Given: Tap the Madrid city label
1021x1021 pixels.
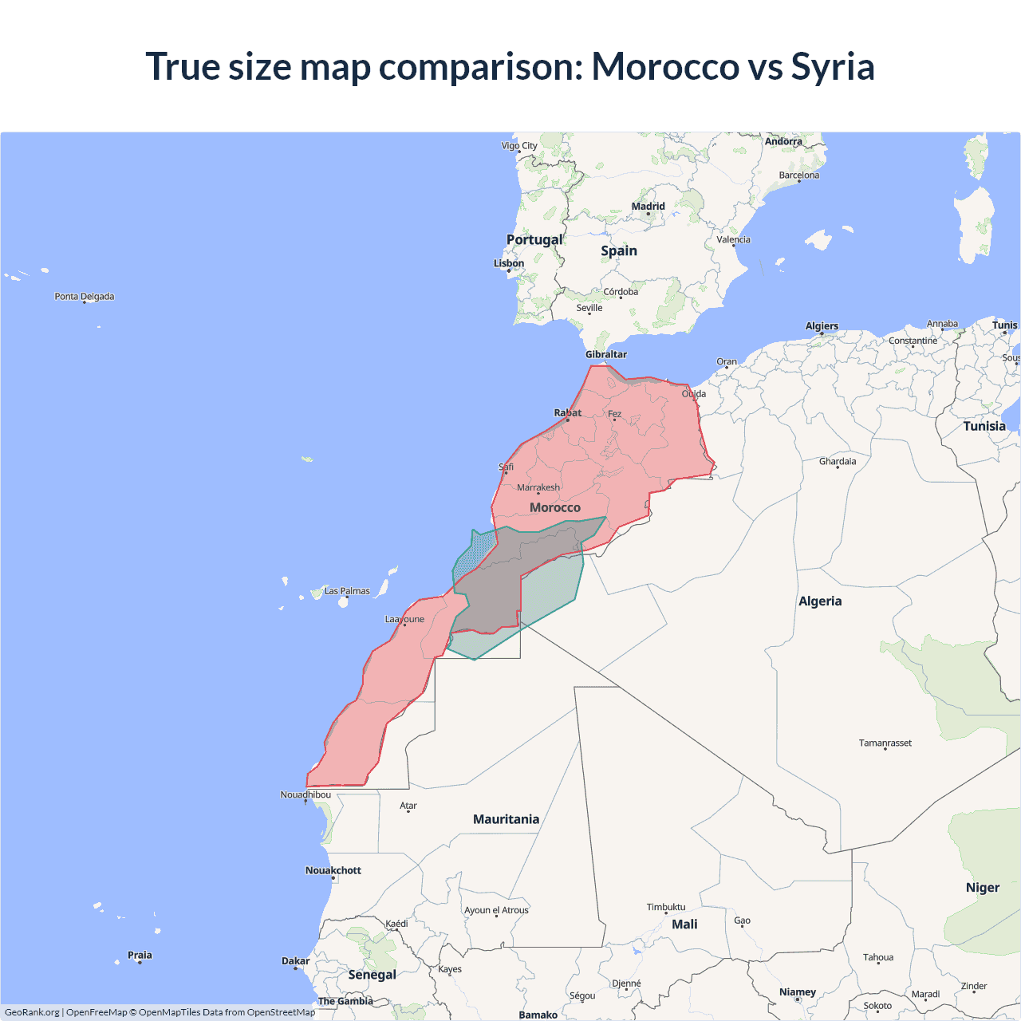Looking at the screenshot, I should point(648,206).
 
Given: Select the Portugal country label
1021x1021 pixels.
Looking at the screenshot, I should point(534,239).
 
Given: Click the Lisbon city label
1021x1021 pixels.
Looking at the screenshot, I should point(509,263).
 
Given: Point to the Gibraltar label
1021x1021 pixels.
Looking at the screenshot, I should point(606,354).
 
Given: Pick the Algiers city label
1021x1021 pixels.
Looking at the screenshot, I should point(822,325).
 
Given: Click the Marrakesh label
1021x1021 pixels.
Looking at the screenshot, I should point(538,487).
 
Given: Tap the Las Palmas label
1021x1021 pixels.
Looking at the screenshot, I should point(347,591).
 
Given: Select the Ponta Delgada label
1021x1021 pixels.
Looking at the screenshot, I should point(85,296).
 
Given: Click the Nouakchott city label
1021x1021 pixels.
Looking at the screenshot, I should point(333,870).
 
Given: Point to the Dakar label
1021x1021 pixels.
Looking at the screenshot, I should point(295,960).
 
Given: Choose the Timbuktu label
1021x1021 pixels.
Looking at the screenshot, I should point(666,907).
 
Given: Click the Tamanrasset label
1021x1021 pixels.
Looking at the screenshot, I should point(885,743).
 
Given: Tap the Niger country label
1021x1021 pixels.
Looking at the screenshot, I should point(983,887).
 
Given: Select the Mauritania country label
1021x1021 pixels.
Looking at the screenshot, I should point(507,819).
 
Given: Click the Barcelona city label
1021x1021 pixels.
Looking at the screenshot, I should point(799,175).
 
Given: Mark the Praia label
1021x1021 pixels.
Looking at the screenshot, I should point(140,955).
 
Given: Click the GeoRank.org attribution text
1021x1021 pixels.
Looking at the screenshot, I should point(32,1012).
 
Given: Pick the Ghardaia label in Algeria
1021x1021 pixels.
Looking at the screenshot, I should point(838,461).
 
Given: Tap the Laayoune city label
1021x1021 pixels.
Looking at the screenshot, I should point(404,619).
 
